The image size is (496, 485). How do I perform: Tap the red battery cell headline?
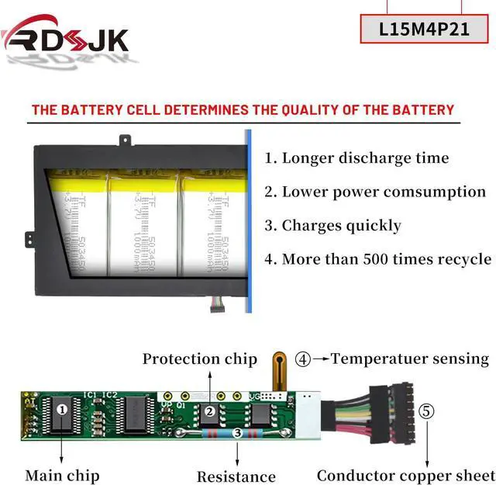(243, 109)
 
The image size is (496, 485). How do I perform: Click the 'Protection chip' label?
(199, 359)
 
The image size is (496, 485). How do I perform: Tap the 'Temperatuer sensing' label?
(410, 359)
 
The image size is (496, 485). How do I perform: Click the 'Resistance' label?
(236, 476)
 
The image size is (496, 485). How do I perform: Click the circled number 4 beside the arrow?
(303, 359)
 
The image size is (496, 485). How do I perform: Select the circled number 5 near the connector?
(427, 411)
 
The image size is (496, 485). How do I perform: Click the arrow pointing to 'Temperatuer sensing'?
(321, 359)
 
